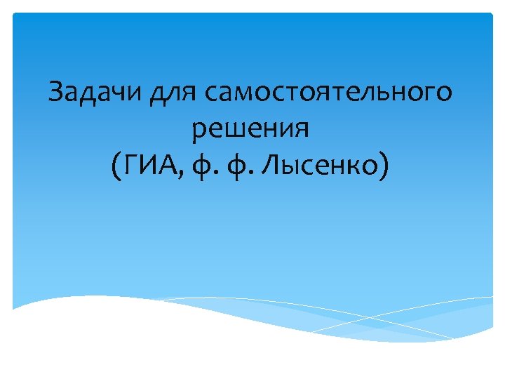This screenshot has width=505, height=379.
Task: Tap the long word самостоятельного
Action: [329, 93]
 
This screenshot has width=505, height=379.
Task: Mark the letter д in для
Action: [159, 94]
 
